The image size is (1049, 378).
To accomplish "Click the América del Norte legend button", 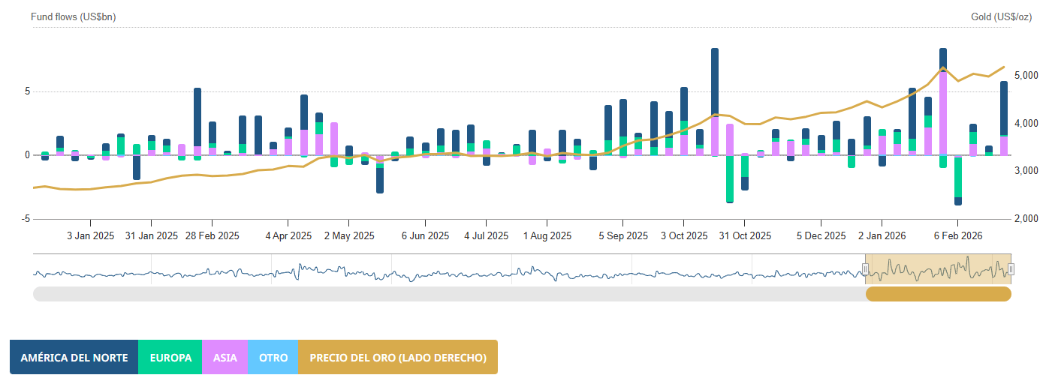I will coord(74,358).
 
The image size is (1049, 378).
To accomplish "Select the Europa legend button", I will coord(170,358).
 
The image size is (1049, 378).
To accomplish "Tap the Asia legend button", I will coord(225,358).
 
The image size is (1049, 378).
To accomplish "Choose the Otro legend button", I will coord(273,358).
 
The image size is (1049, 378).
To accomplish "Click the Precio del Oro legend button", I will coord(398,358).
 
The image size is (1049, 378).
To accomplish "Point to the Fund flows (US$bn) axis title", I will coord(74,16).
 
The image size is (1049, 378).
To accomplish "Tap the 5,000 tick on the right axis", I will coord(1026,76).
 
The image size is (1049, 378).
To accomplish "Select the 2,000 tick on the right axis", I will coord(1026,219).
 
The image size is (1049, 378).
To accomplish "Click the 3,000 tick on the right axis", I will coord(1026,171).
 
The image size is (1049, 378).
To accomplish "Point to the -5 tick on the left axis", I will coord(26,219).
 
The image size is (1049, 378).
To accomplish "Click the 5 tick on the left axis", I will coord(27,91).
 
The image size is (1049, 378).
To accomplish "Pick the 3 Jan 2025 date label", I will coord(90,235).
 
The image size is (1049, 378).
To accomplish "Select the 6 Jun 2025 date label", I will coord(425,235).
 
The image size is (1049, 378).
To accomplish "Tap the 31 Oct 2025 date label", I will coord(745,235).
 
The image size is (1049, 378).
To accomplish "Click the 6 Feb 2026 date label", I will coord(958,235).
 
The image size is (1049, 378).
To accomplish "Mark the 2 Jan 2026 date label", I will coord(882,235).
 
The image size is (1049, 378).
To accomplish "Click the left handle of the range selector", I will coord(865,269).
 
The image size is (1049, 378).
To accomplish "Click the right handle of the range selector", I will coord(1011,269).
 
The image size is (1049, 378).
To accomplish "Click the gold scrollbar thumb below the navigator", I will coord(939,294).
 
